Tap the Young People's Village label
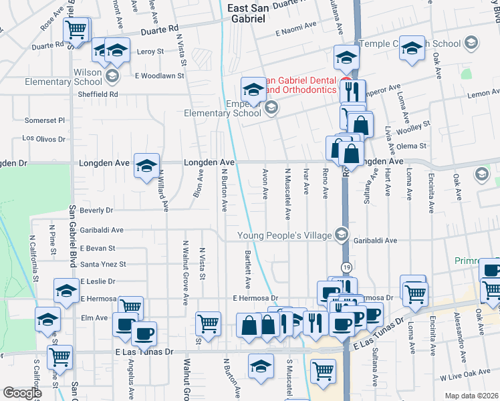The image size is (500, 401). (x=286, y=235)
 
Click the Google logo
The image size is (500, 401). (x=22, y=393)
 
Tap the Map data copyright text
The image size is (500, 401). (x=472, y=396)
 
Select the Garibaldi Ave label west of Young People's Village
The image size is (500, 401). (x=102, y=230)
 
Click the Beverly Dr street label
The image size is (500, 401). (x=96, y=210)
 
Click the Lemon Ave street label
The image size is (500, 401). (x=479, y=94)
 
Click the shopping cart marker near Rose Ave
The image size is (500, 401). (x=77, y=29)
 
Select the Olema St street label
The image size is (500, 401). (x=412, y=146)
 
